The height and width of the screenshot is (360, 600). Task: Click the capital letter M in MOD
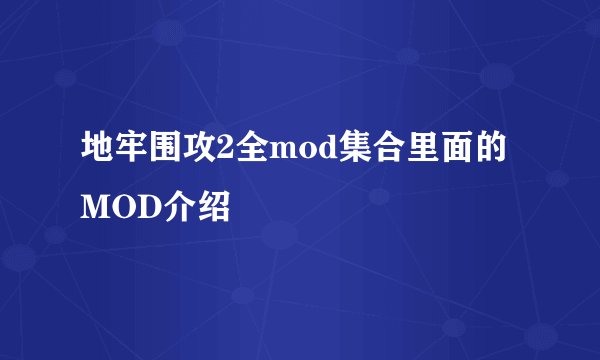coord(97,211)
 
